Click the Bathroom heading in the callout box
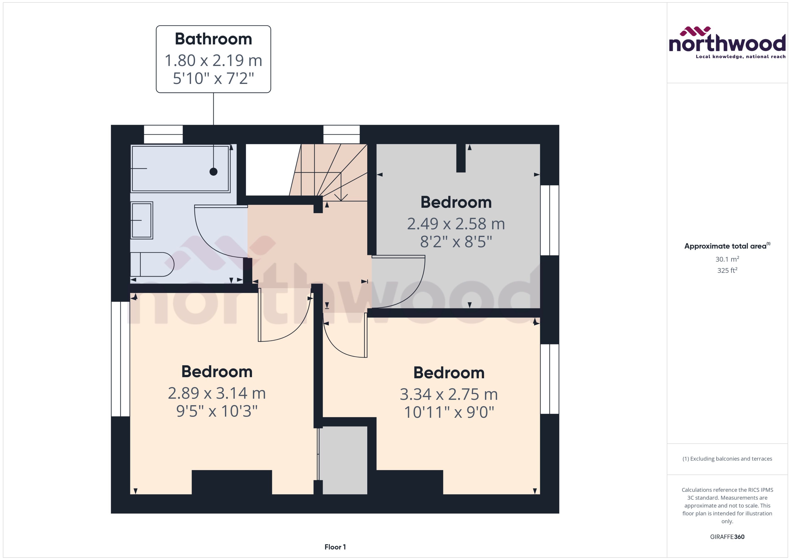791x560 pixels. pos(213,39)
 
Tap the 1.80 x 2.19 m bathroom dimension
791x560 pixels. pos(213,60)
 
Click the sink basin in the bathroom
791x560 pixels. pos(142,220)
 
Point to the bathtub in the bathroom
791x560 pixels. pos(180,168)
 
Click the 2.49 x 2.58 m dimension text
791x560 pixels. pos(456,224)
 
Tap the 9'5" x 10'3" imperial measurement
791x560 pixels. pos(217,411)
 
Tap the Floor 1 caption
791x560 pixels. pos(335,547)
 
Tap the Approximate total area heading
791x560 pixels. pos(727,246)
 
